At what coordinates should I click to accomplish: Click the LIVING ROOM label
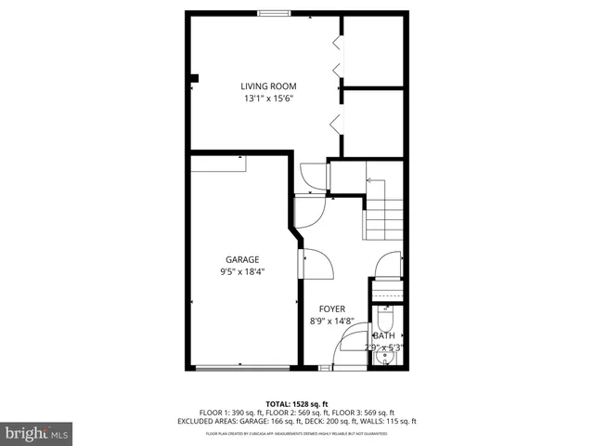270,86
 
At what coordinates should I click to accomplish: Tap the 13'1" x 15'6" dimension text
270,98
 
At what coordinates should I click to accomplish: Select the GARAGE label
242,259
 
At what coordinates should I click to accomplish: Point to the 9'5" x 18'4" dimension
242,271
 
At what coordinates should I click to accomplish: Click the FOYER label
332,308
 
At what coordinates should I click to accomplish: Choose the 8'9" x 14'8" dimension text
332,321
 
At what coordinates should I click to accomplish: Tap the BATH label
385,335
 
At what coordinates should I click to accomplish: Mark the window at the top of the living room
272,13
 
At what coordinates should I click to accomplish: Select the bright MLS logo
37,433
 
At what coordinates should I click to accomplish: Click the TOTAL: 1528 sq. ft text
297,403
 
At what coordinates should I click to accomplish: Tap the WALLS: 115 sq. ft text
395,421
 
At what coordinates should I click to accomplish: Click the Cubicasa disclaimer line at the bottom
297,433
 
